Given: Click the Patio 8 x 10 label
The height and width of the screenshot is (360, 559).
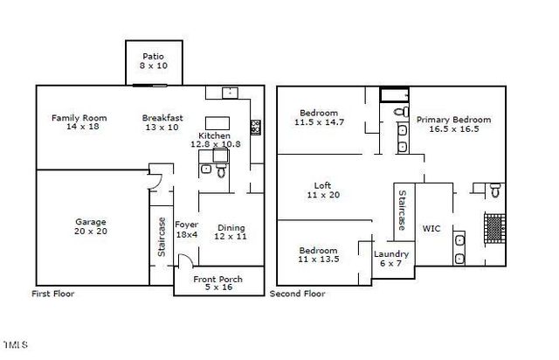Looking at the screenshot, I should (x=153, y=60).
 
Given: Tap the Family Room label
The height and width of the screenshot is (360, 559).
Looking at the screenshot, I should (x=79, y=122).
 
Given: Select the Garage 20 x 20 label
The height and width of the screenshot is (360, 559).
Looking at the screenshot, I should (x=90, y=226).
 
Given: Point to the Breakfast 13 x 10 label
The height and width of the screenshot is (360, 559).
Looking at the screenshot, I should (x=162, y=122).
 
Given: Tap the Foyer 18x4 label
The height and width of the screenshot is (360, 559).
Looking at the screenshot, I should (x=186, y=229).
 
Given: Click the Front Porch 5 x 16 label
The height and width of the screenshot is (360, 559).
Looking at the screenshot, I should (x=217, y=284).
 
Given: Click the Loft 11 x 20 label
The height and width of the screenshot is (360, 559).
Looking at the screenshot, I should (x=322, y=190).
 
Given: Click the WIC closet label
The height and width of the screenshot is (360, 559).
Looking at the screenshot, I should (x=431, y=229).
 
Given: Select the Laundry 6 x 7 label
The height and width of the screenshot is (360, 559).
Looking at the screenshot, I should (x=390, y=260).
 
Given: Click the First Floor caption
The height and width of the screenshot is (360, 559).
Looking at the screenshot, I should (x=53, y=294).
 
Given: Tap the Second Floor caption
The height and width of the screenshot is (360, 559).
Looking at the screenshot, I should (x=298, y=294).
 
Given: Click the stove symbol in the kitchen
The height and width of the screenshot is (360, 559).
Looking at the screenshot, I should (x=256, y=127).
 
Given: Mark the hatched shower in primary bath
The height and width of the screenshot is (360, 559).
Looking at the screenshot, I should (x=495, y=228).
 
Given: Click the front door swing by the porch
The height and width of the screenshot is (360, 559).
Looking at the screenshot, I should (x=184, y=260).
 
